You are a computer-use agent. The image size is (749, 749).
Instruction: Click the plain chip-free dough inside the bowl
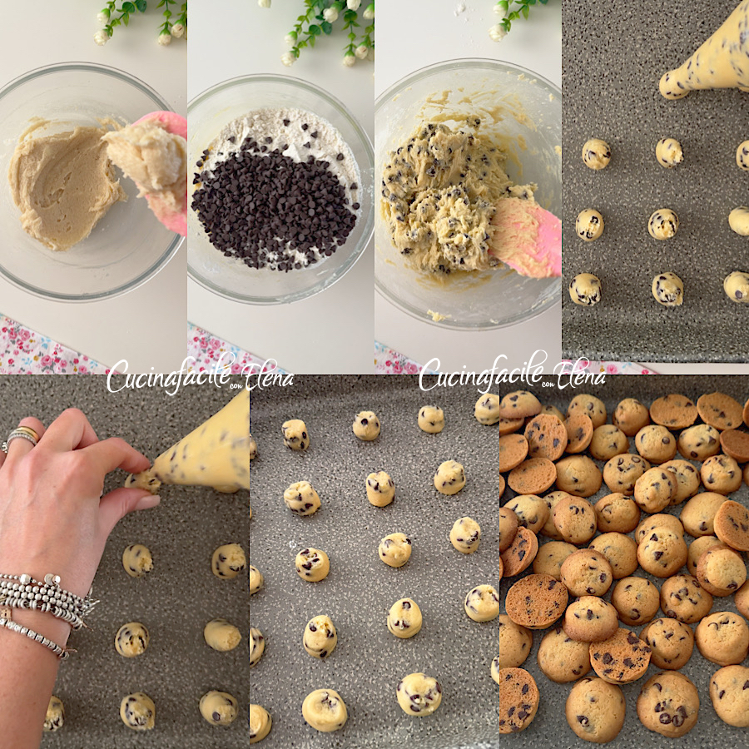pyautogui.click(x=62, y=187)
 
